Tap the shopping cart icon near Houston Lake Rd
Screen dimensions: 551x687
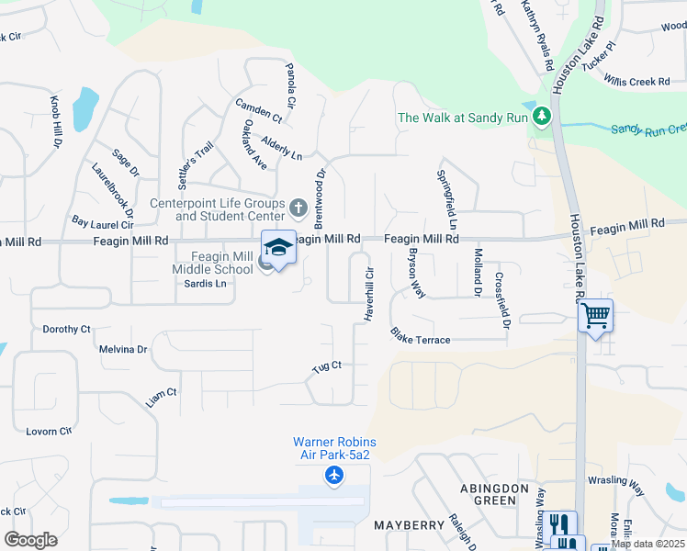tap(595, 316)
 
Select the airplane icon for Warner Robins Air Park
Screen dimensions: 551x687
tap(333, 475)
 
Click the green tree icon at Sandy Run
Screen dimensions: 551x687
tap(542, 117)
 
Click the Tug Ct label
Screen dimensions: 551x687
tap(326, 365)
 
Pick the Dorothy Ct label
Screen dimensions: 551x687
tap(67, 329)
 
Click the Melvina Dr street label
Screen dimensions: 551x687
tap(123, 350)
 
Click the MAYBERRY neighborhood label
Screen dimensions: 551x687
tap(409, 525)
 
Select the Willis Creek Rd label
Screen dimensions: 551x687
tap(637, 81)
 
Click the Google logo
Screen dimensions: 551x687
tap(30, 540)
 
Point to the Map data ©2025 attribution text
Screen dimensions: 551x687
tap(648, 544)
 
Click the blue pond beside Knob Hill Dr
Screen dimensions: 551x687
tap(84, 110)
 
